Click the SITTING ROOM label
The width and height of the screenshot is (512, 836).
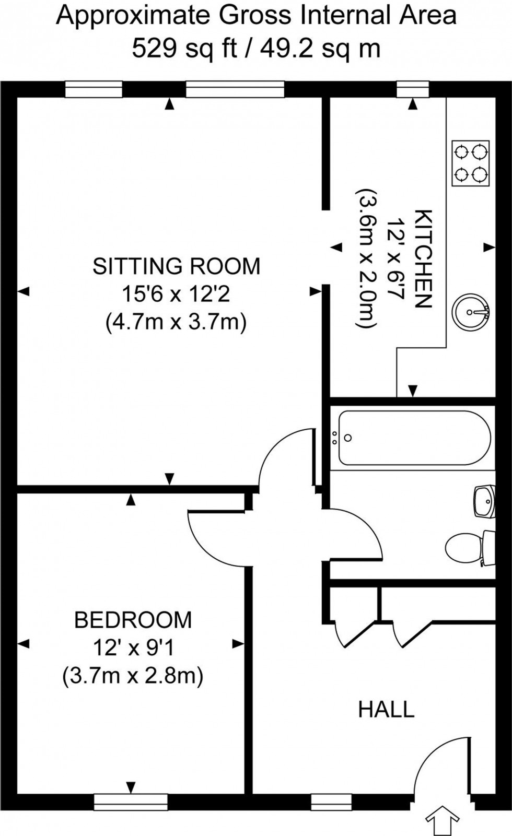[176, 266]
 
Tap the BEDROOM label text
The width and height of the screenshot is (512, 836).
[133, 620]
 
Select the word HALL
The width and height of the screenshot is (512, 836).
[386, 710]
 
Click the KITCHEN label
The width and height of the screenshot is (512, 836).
[423, 259]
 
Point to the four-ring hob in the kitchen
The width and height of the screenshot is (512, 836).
[471, 163]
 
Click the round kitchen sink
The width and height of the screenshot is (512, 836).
[471, 312]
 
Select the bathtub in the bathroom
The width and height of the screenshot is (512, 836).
[414, 438]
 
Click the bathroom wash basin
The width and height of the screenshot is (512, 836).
[483, 502]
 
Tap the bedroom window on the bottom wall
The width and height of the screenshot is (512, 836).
[131, 802]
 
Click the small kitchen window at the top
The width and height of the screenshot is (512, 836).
[412, 89]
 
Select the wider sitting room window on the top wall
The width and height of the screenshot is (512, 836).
[235, 89]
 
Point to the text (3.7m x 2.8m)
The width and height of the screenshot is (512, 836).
[133, 677]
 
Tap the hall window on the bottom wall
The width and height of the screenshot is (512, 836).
[331, 802]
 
